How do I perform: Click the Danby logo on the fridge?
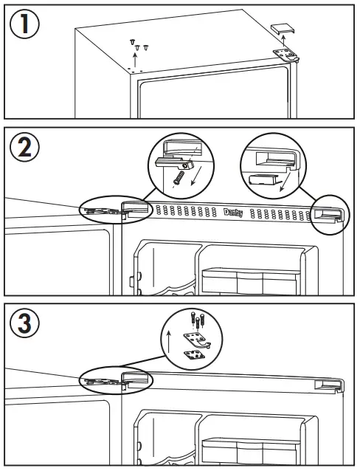click(233, 212)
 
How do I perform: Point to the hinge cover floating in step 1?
click(283, 29)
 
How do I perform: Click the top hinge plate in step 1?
click(286, 54)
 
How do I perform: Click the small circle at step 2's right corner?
click(328, 215)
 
